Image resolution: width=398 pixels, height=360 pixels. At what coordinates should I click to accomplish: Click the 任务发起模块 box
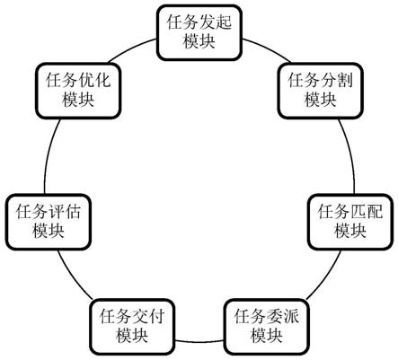coord(199,32)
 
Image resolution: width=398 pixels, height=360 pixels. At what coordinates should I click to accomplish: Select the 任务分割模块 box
coord(321,91)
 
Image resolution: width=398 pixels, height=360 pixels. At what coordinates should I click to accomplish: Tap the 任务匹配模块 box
coord(350,222)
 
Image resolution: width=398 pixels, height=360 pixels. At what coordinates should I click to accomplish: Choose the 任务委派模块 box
coord(266,327)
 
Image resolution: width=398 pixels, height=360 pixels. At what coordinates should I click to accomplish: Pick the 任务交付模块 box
coord(132,327)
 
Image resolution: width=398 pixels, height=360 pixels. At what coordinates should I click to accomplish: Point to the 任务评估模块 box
coord(49,222)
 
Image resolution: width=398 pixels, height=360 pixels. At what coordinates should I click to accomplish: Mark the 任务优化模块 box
coord(78,91)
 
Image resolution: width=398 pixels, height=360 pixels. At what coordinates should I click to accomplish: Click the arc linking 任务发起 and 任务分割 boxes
coord(268,48)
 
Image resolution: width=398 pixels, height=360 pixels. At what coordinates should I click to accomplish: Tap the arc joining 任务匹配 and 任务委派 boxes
coord(326,276)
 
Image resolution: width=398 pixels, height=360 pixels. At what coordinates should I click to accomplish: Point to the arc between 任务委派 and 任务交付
coord(199,341)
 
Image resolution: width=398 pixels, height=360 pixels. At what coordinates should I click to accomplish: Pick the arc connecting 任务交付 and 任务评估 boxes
coord(73,276)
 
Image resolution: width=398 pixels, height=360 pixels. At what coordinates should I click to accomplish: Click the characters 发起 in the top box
coord(216,22)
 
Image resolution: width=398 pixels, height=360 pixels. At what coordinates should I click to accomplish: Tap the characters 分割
coord(336,80)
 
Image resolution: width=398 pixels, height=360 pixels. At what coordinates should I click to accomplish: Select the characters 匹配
coord(367,212)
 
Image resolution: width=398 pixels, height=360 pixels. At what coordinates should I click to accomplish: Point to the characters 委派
coord(282,316)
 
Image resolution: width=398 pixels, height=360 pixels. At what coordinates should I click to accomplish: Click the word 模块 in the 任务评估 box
coord(49,231)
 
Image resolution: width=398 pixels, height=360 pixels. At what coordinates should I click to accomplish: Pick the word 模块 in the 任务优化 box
coord(78,100)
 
